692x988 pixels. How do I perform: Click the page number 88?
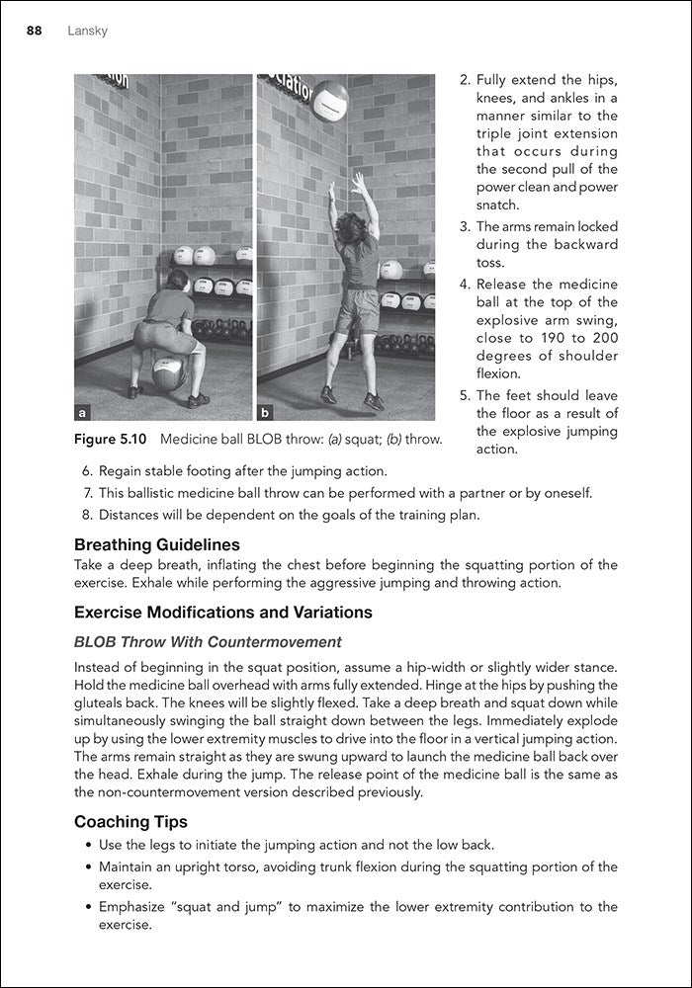click(34, 32)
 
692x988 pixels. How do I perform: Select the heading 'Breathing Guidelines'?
click(156, 544)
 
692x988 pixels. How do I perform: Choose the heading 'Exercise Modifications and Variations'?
click(222, 613)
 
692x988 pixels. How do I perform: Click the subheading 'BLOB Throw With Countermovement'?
click(208, 642)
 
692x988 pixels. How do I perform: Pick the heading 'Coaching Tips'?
click(130, 822)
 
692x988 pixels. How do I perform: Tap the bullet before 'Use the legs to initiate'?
click(88, 846)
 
